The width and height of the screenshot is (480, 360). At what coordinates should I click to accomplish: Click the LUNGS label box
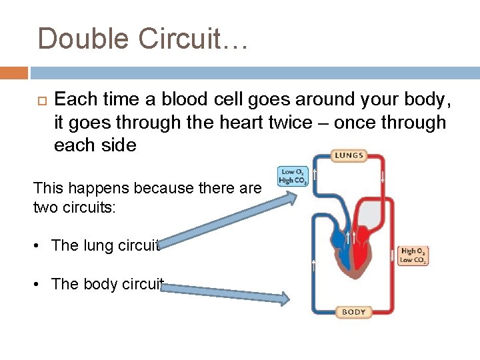[x=348, y=156]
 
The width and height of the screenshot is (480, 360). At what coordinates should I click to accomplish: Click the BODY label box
[x=353, y=311]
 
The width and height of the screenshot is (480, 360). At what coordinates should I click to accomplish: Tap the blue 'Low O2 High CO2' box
[x=293, y=177]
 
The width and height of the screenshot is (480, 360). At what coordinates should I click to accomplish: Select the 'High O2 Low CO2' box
[x=413, y=255]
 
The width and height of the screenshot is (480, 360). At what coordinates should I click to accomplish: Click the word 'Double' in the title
[x=84, y=39]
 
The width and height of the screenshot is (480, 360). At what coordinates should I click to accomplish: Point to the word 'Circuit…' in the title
[x=193, y=39]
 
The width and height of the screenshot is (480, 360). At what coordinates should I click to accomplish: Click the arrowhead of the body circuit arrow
[x=284, y=299]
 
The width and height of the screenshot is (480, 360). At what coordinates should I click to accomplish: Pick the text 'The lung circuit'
[x=105, y=245]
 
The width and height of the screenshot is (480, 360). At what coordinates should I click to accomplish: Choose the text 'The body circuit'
[x=107, y=284]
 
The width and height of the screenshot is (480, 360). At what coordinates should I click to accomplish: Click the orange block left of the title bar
[x=14, y=73]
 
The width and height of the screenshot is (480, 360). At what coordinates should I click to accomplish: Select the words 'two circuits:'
[x=75, y=207]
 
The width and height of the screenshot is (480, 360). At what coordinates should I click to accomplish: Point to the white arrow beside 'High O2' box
[x=392, y=255]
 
